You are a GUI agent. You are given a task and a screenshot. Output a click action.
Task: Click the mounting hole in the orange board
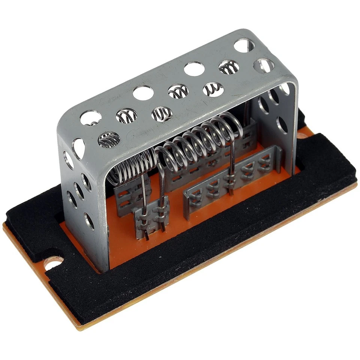[x=53, y=263]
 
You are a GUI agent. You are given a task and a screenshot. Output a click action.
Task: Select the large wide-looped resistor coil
[x=199, y=139]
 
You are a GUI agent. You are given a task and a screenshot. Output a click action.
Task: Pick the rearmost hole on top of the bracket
[x=244, y=45]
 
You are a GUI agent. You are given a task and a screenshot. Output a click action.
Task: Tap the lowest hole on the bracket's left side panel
[x=89, y=220]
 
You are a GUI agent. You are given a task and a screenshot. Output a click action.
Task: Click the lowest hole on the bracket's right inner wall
[x=282, y=124]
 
